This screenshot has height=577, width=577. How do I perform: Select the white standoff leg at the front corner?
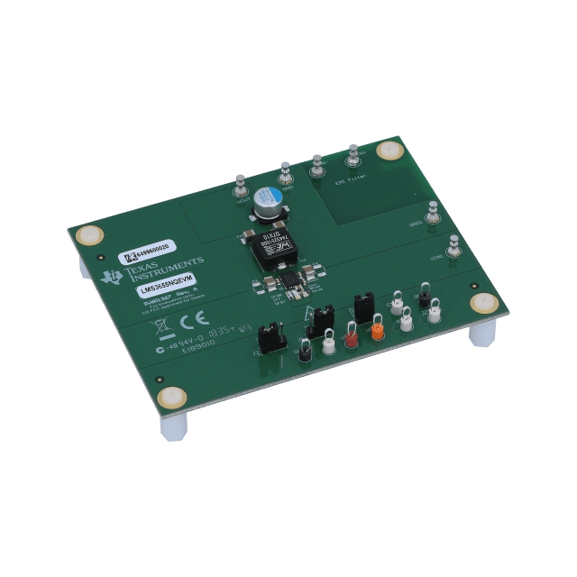point(171,424)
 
